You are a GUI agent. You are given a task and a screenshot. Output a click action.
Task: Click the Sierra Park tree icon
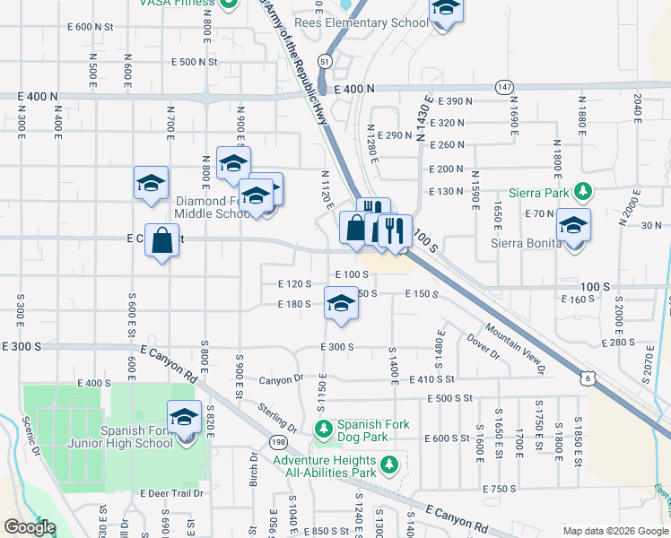[583, 190]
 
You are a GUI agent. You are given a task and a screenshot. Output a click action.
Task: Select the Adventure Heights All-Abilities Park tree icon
[388, 464]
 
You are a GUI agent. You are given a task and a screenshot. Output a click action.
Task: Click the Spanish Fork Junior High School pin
[185, 420]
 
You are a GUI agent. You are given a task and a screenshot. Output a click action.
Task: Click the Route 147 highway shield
[504, 87]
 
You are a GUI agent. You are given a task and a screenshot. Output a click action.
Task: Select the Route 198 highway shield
[278, 442]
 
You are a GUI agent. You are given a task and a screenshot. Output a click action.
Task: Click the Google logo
[30, 527]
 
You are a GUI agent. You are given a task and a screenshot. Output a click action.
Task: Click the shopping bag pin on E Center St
[161, 241]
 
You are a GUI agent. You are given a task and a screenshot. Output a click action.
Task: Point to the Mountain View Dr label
[516, 348]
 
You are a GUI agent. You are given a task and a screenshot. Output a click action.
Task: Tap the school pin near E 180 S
[341, 305]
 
